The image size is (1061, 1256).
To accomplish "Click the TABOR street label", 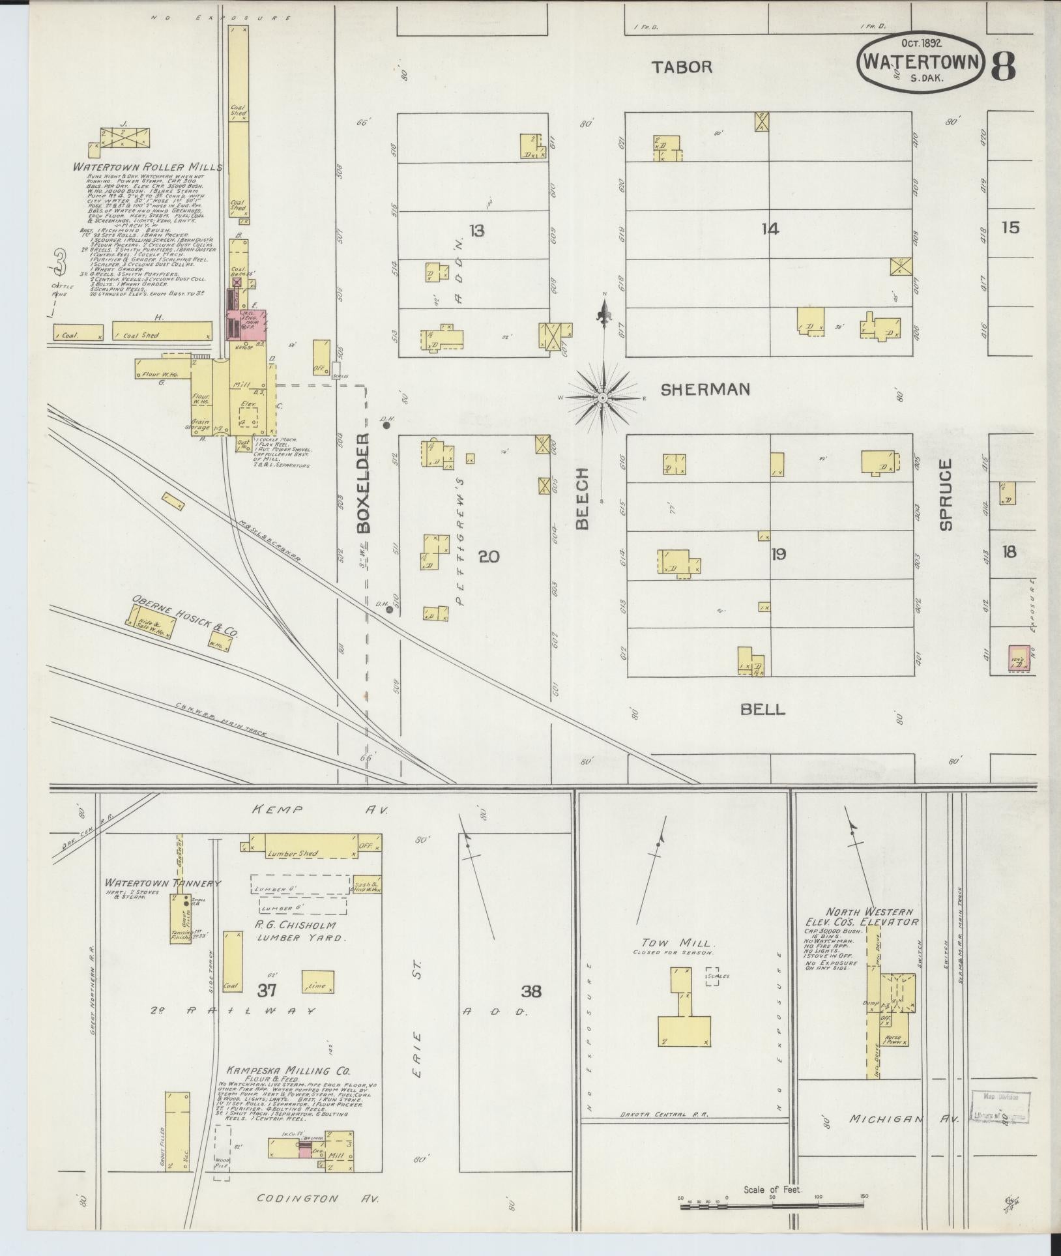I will pos(683,66).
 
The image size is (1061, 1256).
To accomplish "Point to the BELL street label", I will pos(763,710).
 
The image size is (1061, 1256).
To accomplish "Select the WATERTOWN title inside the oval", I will pos(921,61).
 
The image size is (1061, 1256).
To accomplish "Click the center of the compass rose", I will pos(603,398).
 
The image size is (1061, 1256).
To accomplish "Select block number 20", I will pos(488,556).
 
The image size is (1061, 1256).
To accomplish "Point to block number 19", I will pos(778,554).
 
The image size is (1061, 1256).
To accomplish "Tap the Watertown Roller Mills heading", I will pos(148,168).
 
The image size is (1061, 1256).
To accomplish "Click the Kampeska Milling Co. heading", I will pos(288,1071).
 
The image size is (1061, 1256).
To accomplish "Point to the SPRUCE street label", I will pos(946,495).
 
